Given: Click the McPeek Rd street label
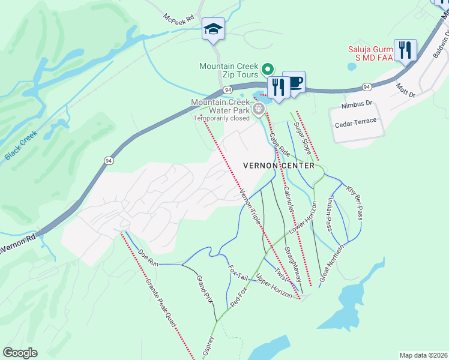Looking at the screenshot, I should (181, 18).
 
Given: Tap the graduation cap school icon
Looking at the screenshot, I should (213, 29).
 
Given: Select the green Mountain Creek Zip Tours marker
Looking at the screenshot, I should (268, 68).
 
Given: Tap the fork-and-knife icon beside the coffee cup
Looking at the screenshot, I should (278, 86).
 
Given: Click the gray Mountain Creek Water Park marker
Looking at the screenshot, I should (259, 109).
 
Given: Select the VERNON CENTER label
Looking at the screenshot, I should (279, 165).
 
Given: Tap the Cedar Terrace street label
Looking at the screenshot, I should (357, 121).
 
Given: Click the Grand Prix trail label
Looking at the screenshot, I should (205, 289).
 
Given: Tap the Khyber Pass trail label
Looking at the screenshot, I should (354, 202).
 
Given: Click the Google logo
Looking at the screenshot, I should (20, 353).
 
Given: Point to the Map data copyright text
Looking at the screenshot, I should (424, 355).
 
